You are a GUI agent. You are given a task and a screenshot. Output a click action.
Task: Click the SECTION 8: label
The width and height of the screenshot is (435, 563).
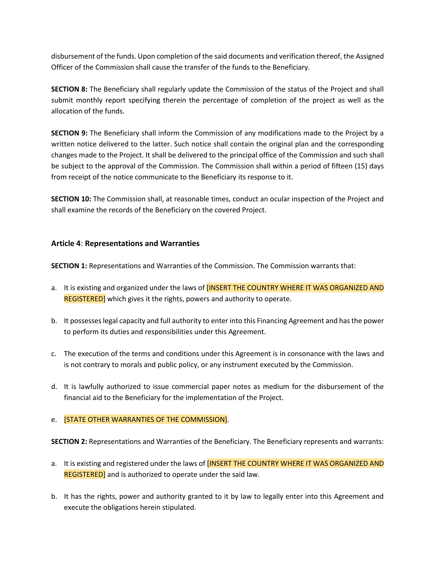pos(69,89)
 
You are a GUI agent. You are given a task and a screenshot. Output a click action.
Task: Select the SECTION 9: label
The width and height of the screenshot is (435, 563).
pos(69,133)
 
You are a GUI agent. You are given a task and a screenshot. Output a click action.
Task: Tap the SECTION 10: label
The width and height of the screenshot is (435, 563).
pos(71,199)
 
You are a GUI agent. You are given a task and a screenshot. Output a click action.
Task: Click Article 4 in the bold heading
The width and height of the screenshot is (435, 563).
pos(66,243)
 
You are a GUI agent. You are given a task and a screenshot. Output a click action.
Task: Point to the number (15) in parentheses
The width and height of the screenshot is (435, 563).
pos(361,166)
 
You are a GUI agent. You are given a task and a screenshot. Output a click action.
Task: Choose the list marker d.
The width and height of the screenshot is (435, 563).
pos(54,387)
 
